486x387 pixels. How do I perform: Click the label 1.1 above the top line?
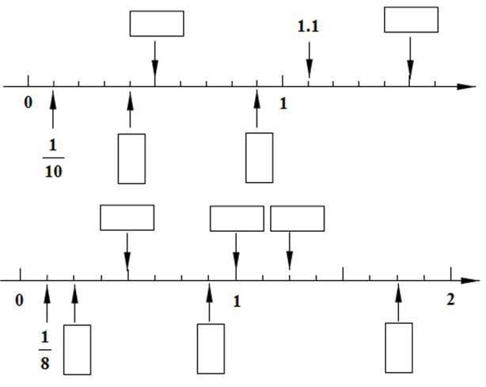308,27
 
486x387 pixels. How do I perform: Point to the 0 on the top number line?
28,103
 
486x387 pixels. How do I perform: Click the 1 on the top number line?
283,103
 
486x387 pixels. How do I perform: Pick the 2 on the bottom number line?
450,301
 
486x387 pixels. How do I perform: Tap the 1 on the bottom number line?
236,301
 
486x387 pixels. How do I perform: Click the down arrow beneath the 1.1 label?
309,59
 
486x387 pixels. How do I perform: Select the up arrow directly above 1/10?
53,109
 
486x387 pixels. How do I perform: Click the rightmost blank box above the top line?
411,20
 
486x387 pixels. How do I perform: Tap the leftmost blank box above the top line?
157,23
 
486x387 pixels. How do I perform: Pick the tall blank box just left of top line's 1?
260,157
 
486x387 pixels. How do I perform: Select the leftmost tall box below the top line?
131,158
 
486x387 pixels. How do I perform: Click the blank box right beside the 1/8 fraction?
77,349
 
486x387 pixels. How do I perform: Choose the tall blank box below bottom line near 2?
398,347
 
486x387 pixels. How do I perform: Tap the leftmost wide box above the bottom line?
127,218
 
